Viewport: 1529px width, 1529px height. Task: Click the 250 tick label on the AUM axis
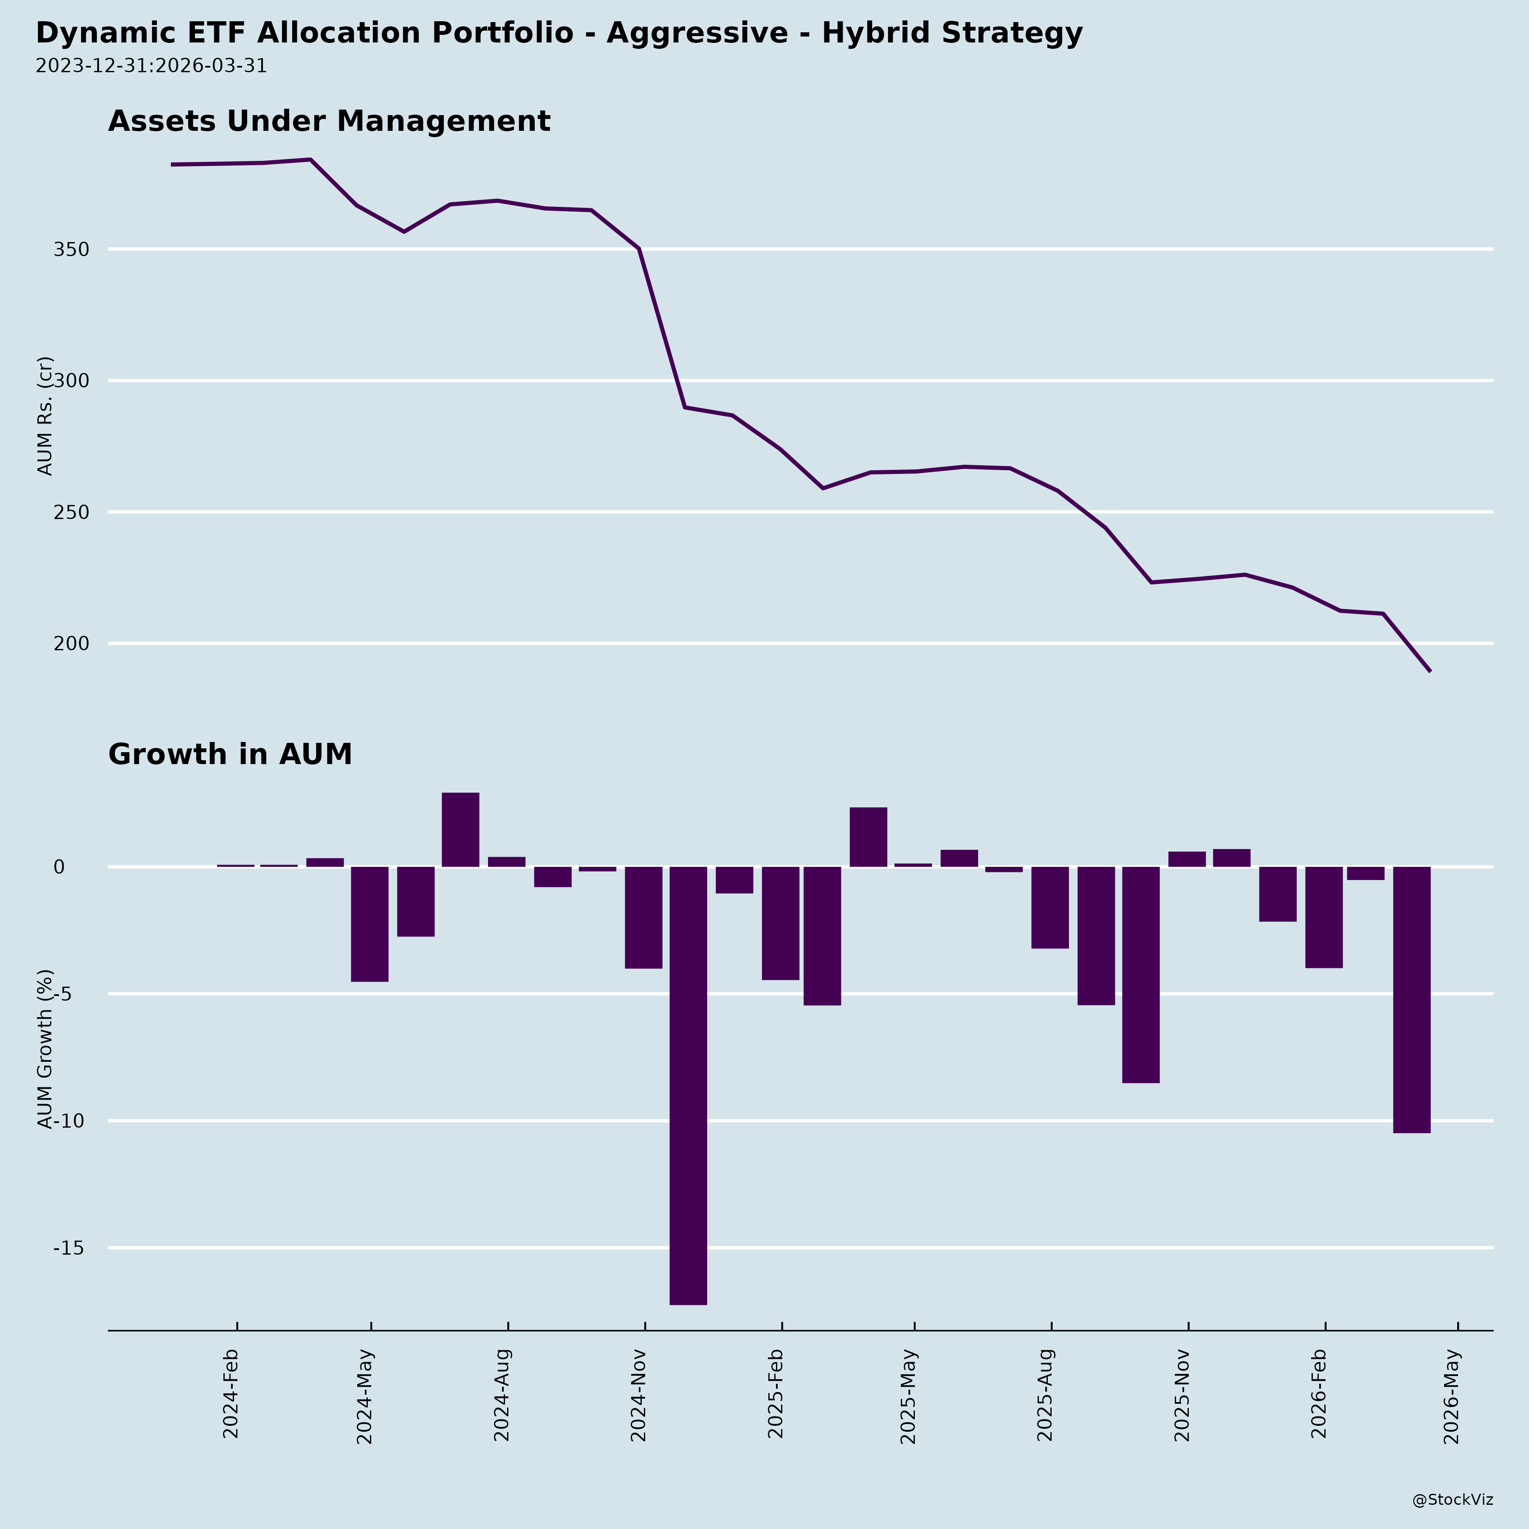pos(71,513)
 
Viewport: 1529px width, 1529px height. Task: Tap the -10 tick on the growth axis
pos(69,1121)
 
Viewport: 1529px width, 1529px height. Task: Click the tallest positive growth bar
pos(460,829)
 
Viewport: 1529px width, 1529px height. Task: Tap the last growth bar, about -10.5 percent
pos(1411,999)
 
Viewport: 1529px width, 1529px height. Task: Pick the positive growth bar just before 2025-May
pos(868,837)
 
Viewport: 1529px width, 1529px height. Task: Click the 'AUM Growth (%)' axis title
pos(46,1049)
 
